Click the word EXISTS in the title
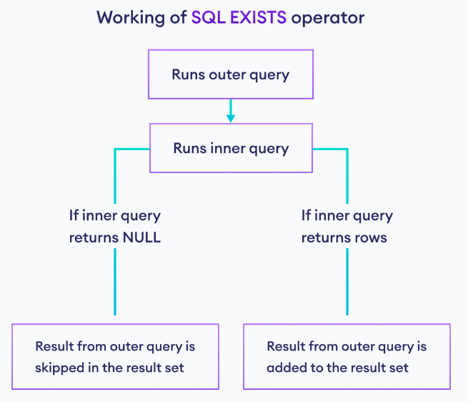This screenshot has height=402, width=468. click(258, 17)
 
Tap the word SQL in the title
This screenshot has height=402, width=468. click(209, 18)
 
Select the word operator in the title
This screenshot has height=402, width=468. click(328, 19)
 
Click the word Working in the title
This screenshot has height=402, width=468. click(131, 18)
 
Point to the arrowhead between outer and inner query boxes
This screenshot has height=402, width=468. click(231, 118)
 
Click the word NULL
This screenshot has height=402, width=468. click(141, 237)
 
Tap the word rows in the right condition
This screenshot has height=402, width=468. click(370, 238)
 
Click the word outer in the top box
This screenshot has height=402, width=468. click(227, 74)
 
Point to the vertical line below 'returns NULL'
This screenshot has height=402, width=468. click(115, 282)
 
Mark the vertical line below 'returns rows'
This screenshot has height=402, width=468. click(347, 282)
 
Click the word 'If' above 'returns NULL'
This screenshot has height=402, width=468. click(74, 215)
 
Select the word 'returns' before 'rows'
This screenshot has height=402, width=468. click(324, 238)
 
